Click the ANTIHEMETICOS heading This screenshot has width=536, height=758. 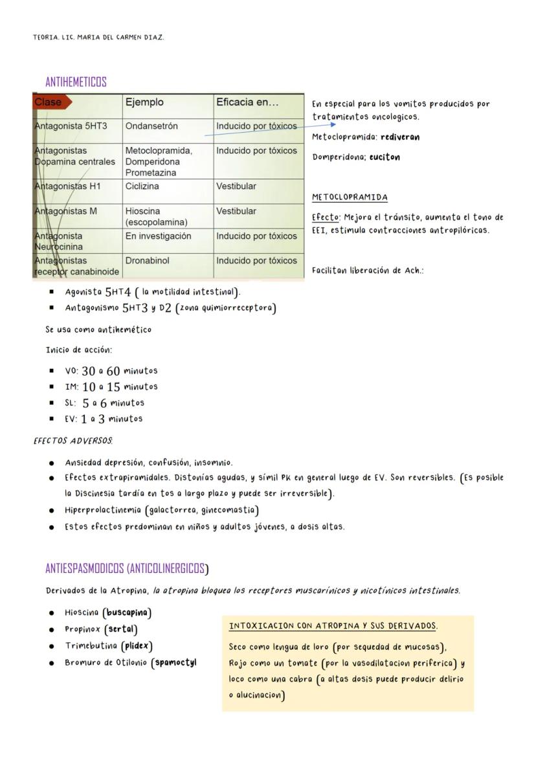pyautogui.click(x=76, y=82)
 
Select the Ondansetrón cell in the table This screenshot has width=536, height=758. pyautogui.click(x=151, y=126)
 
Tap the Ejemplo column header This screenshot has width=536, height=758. pyautogui.click(x=144, y=102)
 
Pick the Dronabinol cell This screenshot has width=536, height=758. pyautogui.click(x=147, y=261)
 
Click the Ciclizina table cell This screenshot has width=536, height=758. pyautogui.click(x=142, y=186)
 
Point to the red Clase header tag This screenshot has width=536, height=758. pyautogui.click(x=50, y=102)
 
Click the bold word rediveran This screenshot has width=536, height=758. pyautogui.click(x=400, y=137)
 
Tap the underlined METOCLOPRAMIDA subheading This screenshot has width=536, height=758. pyautogui.click(x=350, y=197)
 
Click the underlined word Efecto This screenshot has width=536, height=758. pyautogui.click(x=326, y=217)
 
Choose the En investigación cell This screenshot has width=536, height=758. pyautogui.click(x=159, y=236)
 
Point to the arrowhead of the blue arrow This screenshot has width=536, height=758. pyautogui.click(x=333, y=125)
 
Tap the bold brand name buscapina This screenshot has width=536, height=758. pyautogui.click(x=128, y=612)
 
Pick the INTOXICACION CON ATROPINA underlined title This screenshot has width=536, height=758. pyautogui.click(x=333, y=626)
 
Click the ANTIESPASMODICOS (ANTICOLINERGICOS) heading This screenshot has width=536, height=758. pyautogui.click(x=127, y=569)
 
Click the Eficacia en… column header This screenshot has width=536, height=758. pyautogui.click(x=247, y=102)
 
